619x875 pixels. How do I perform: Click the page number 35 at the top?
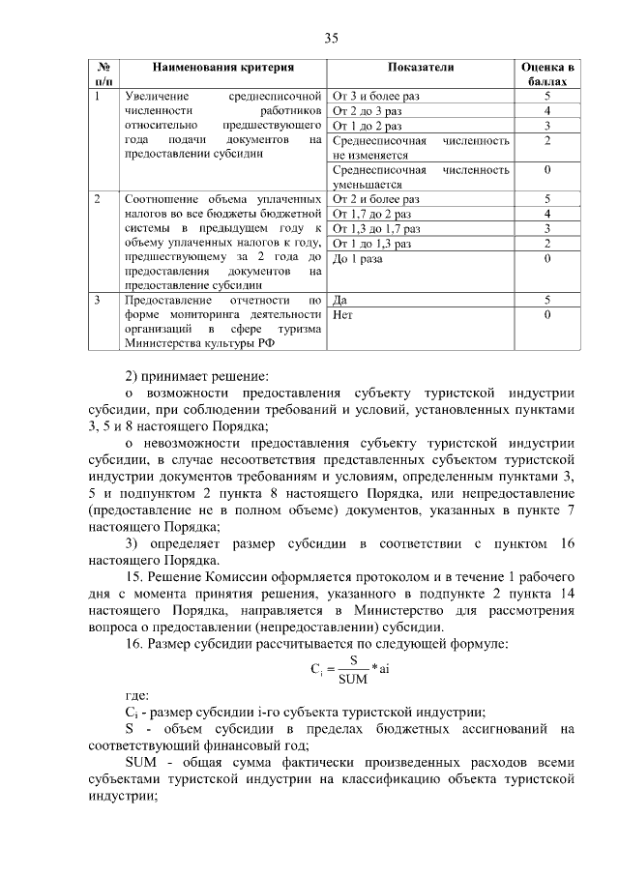pyautogui.click(x=331, y=39)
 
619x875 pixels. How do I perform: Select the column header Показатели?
pyautogui.click(x=421, y=68)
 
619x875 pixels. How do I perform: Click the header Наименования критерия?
pyautogui.click(x=222, y=68)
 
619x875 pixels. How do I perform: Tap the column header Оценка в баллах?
pyautogui.click(x=547, y=74)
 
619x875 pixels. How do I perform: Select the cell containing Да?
pyautogui.click(x=339, y=301)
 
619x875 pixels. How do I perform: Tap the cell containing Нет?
pyautogui.click(x=341, y=315)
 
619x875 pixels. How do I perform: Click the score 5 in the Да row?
pyautogui.click(x=547, y=301)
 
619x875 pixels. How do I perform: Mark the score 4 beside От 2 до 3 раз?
pyautogui.click(x=547, y=111)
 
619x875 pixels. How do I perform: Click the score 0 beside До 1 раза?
pyautogui.click(x=547, y=259)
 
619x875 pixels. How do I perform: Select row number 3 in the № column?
pyautogui.click(x=99, y=301)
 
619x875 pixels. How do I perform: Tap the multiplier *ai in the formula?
pyautogui.click(x=384, y=667)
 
